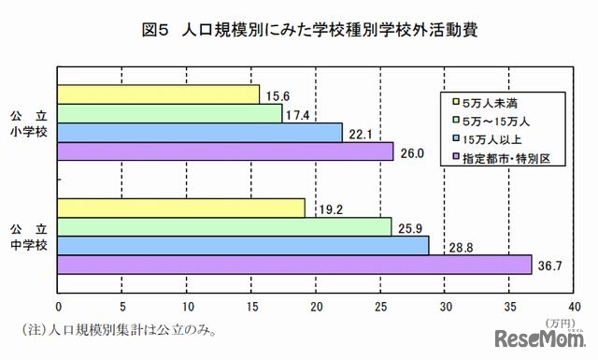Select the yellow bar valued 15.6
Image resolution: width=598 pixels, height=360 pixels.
(x=159, y=94)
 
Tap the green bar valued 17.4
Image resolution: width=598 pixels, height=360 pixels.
(x=170, y=113)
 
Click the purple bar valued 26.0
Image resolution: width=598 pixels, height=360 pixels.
(x=226, y=151)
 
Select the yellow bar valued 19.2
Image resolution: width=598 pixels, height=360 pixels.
(x=182, y=208)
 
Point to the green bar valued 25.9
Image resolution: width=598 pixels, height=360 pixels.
(x=225, y=226)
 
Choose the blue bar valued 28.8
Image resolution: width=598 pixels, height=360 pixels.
(x=244, y=245)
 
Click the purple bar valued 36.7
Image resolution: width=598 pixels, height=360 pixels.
(x=295, y=265)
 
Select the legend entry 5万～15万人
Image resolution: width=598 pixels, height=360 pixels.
(x=495, y=121)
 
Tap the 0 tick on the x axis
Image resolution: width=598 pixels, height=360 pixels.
(x=59, y=306)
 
